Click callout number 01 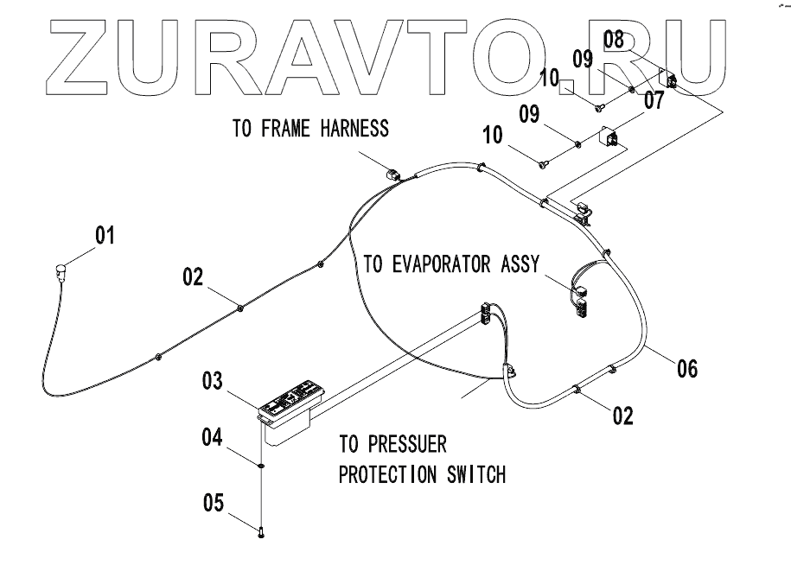[x=105, y=235]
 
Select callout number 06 [x=687, y=369]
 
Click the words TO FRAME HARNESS [x=310, y=130]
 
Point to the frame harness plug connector [x=394, y=175]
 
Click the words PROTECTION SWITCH [x=421, y=475]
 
